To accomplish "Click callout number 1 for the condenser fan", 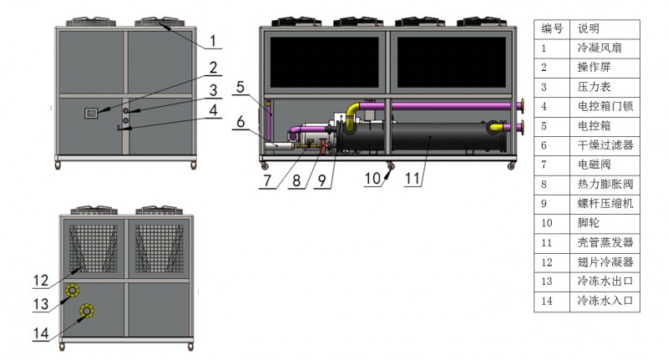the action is [213, 41].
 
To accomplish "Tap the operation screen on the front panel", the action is [91, 113].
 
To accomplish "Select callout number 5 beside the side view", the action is [240, 88].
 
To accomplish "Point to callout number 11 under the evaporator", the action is [412, 179].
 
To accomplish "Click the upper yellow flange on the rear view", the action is [72, 291].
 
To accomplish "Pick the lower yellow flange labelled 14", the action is [87, 311].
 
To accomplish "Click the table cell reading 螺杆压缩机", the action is [605, 204].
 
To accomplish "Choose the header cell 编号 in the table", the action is [552, 28].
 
